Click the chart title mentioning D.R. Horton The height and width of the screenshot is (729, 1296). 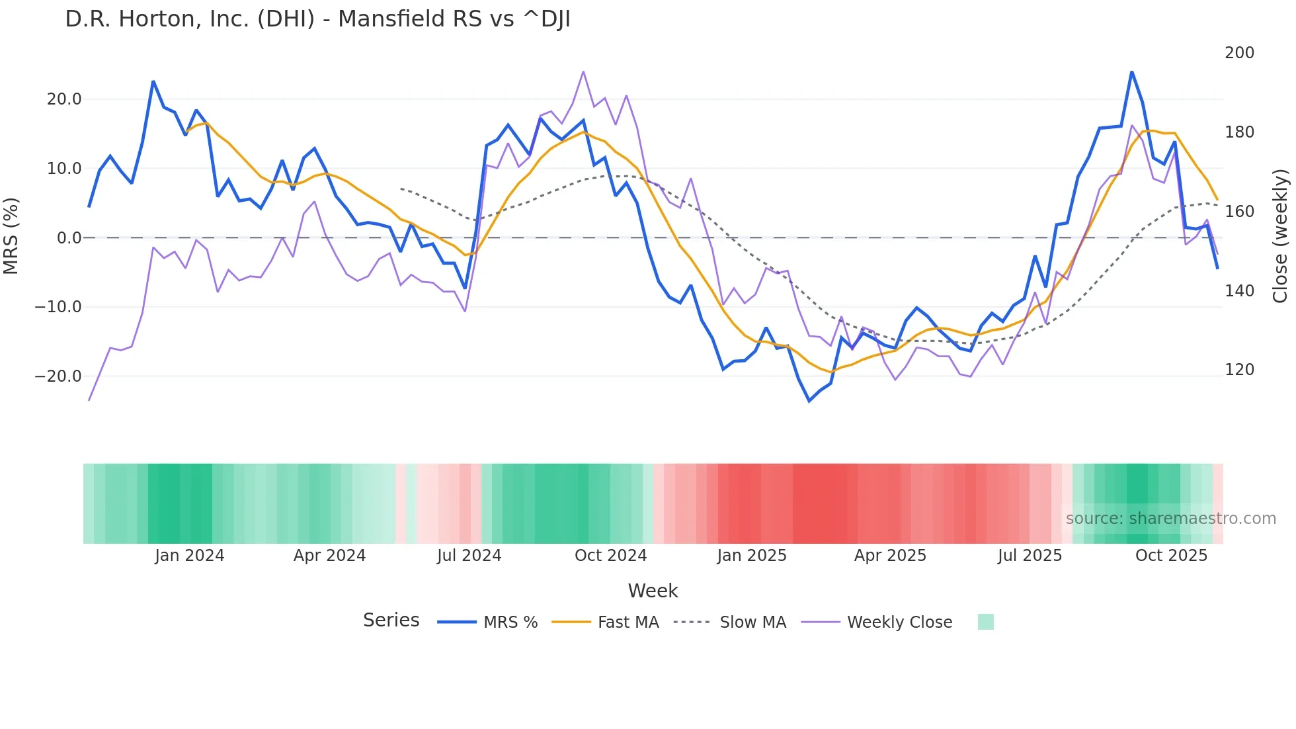pyautogui.click(x=317, y=19)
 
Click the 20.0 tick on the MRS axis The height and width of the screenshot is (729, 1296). pyautogui.click(x=64, y=99)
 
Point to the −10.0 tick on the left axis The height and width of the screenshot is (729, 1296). pyautogui.click(x=58, y=307)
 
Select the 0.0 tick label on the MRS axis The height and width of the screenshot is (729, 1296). pyautogui.click(x=69, y=237)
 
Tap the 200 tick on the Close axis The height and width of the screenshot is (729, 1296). pyautogui.click(x=1239, y=53)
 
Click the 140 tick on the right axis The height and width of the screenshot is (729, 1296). pyautogui.click(x=1239, y=290)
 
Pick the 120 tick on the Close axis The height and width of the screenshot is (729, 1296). pyautogui.click(x=1239, y=370)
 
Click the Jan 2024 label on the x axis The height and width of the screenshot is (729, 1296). pyautogui.click(x=190, y=556)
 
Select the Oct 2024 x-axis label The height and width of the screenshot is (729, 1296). pyautogui.click(x=610, y=556)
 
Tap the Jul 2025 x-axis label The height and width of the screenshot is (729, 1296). pyautogui.click(x=1030, y=556)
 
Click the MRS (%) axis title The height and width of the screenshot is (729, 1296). pyautogui.click(x=11, y=236)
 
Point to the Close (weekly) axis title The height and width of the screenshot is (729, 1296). pyautogui.click(x=1281, y=236)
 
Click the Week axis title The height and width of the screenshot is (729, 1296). pyautogui.click(x=653, y=591)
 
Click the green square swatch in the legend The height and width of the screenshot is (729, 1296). pyautogui.click(x=985, y=622)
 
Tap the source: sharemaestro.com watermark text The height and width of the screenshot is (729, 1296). pyautogui.click(x=1170, y=519)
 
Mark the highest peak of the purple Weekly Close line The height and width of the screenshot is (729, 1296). pyautogui.click(x=583, y=71)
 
